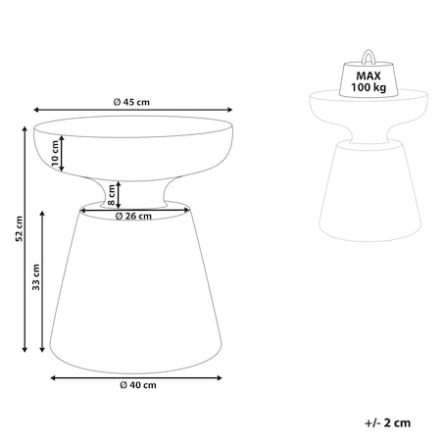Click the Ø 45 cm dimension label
[131, 102]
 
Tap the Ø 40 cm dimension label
[138, 385]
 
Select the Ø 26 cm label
[133, 216]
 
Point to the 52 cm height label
[20, 228]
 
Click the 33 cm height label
[36, 277]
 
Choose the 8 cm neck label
[112, 195]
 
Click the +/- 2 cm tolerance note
[387, 422]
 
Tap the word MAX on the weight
[369, 76]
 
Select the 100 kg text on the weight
[369, 87]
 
